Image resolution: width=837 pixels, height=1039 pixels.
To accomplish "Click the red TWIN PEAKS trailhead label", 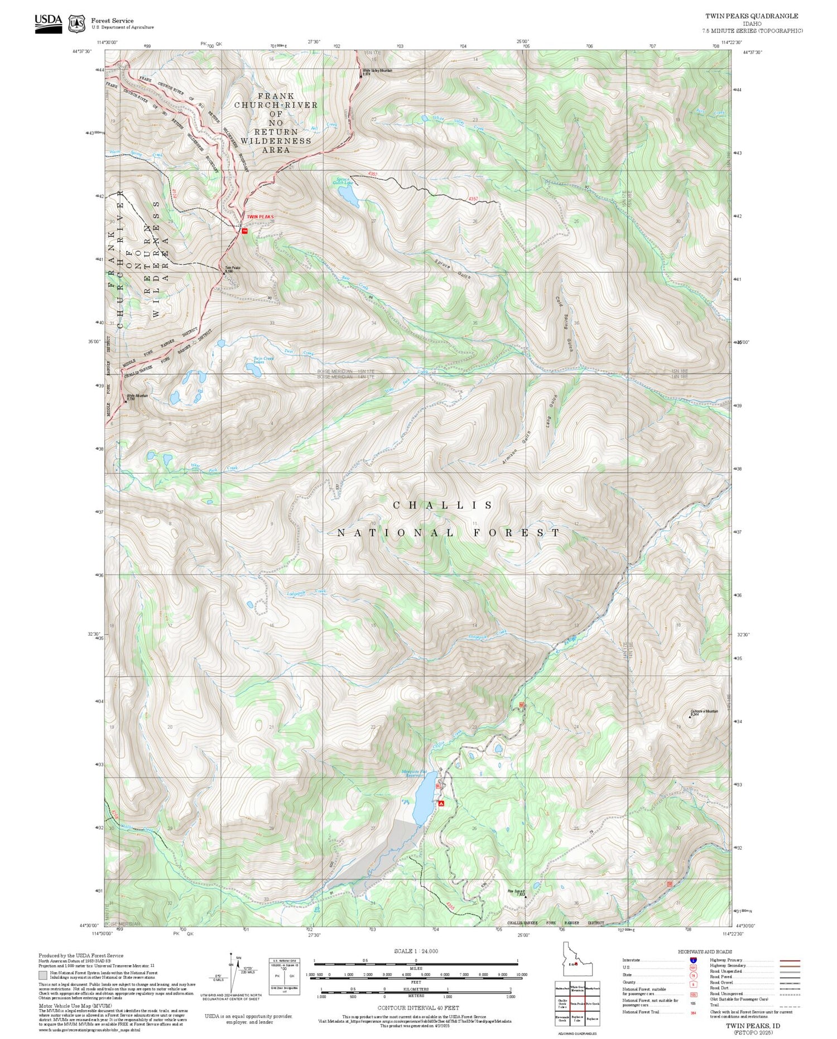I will coord(260,217).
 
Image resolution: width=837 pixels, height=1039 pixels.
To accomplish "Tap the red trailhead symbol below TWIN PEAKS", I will coord(244,230).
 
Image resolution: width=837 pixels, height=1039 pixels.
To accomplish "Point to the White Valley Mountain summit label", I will coord(377,71).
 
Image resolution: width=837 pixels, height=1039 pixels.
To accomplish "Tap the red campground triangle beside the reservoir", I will coord(441,804).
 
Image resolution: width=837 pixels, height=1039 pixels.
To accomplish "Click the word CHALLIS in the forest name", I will coord(443,506).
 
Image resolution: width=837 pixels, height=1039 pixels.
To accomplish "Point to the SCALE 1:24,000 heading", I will coord(416,951).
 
